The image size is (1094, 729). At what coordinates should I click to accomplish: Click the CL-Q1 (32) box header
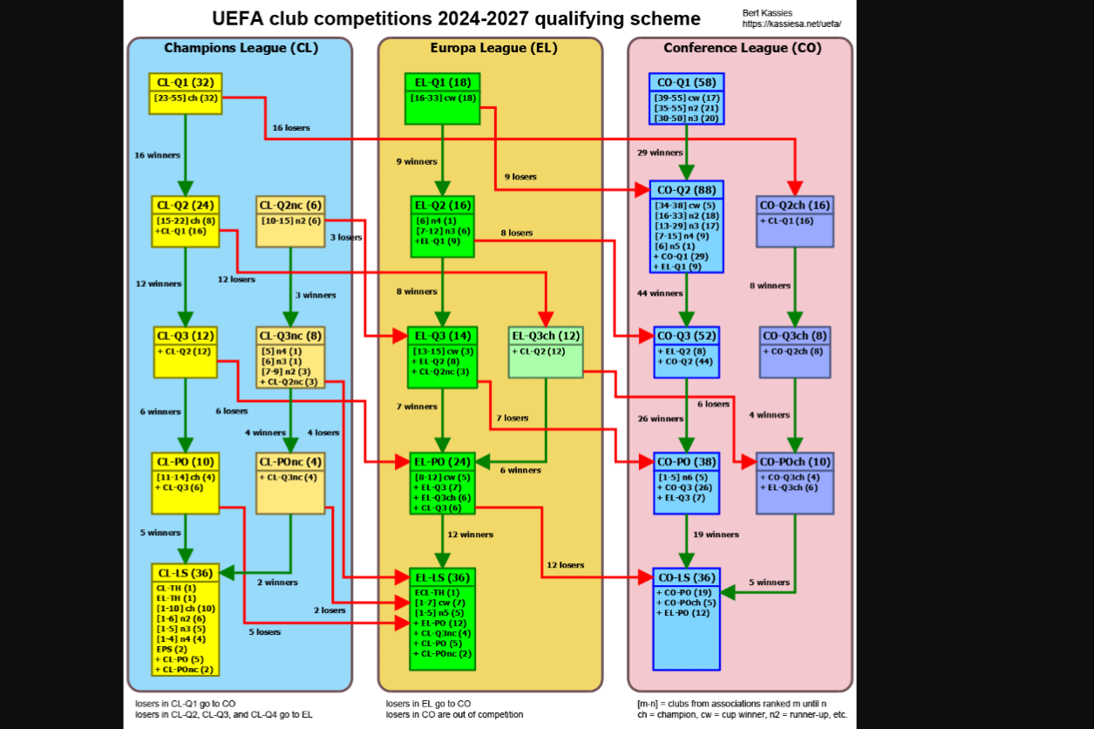(x=186, y=82)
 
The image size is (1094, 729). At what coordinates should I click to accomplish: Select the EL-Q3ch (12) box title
(x=546, y=336)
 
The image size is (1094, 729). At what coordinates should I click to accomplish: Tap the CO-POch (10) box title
(x=795, y=462)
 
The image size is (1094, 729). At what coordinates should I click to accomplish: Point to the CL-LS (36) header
(x=186, y=573)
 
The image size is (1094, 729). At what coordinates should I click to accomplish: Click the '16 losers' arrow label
(x=291, y=127)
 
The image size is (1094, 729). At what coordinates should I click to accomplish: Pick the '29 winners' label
(x=660, y=153)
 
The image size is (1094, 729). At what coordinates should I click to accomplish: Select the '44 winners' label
(x=660, y=293)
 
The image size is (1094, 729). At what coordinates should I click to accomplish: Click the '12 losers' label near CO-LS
(x=565, y=565)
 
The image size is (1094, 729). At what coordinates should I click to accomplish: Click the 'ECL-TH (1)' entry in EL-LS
(x=437, y=593)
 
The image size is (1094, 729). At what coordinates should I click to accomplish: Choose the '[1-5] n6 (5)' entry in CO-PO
(x=683, y=477)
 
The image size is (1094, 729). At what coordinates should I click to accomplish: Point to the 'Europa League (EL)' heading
(x=493, y=48)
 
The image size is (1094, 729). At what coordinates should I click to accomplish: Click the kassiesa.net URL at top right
(x=792, y=24)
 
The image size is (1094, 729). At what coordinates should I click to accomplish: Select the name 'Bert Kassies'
(x=767, y=13)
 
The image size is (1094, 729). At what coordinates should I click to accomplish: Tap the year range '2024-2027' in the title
(x=483, y=18)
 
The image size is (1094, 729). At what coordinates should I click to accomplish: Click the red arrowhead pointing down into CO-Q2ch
(x=795, y=188)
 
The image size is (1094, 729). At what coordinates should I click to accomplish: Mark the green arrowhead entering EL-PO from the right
(x=483, y=462)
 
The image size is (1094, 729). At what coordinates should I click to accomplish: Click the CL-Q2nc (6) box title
(x=290, y=205)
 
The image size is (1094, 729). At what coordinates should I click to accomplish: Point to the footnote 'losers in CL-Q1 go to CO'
(x=186, y=704)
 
